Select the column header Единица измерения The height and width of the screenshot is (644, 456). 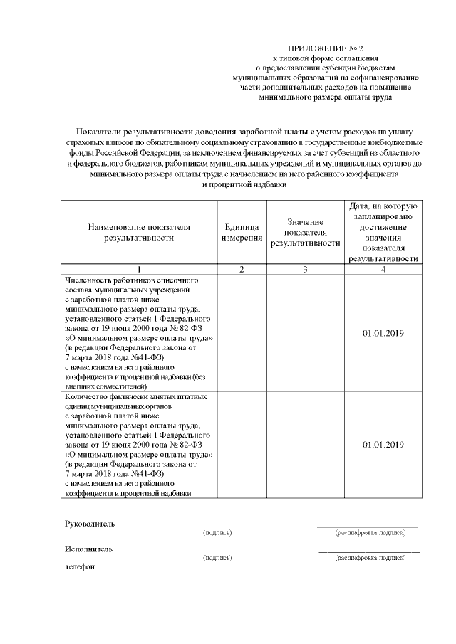click(242, 232)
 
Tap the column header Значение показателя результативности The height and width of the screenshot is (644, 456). click(305, 232)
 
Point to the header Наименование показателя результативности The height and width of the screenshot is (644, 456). click(139, 232)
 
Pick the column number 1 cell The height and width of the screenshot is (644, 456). click(139, 270)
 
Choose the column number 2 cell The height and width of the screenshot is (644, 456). click(242, 270)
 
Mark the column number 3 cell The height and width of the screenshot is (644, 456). click(305, 270)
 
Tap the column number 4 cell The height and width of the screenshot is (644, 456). click(383, 270)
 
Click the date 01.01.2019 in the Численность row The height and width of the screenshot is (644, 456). click(383, 333)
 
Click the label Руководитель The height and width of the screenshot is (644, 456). click(89, 524)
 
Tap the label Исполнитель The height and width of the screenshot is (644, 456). click(88, 549)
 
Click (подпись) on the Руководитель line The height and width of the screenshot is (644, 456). click(217, 532)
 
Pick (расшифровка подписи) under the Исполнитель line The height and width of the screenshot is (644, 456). click(370, 558)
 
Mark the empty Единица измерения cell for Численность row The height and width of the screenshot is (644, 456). click(242, 333)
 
